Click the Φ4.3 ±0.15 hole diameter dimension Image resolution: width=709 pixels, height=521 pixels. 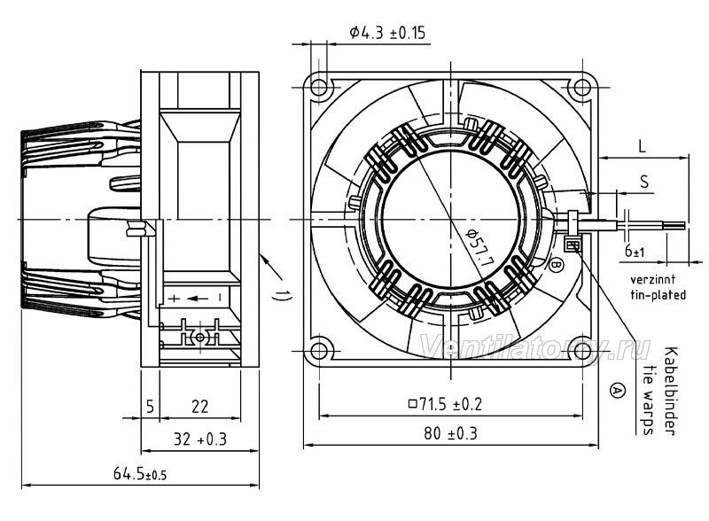(x=387, y=33)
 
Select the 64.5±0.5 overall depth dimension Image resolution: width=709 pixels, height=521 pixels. (x=140, y=474)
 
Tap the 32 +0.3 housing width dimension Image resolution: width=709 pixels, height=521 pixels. (x=200, y=439)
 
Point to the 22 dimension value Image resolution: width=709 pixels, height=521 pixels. (x=199, y=407)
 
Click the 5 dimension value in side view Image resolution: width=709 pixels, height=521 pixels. (x=151, y=407)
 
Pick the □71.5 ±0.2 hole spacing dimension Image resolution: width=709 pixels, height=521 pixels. (x=446, y=404)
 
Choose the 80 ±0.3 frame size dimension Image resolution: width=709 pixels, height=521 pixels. (x=450, y=433)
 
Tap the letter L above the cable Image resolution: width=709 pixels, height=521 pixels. (x=642, y=146)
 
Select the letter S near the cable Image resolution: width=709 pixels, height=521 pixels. (x=644, y=182)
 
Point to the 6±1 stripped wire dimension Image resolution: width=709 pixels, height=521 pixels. (x=635, y=250)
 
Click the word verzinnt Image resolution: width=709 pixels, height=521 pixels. (x=653, y=278)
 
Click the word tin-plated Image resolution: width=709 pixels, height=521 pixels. (x=658, y=295)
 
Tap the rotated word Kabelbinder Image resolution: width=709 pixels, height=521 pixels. (x=671, y=392)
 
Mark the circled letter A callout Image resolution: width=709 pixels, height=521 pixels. (x=617, y=390)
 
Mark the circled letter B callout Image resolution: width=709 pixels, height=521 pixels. (x=557, y=265)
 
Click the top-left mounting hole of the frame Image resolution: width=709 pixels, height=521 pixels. (x=319, y=86)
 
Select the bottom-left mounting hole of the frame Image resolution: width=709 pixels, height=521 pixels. (x=319, y=351)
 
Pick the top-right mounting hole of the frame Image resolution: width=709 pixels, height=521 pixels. (x=582, y=86)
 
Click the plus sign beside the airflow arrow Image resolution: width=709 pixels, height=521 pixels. (x=174, y=298)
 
